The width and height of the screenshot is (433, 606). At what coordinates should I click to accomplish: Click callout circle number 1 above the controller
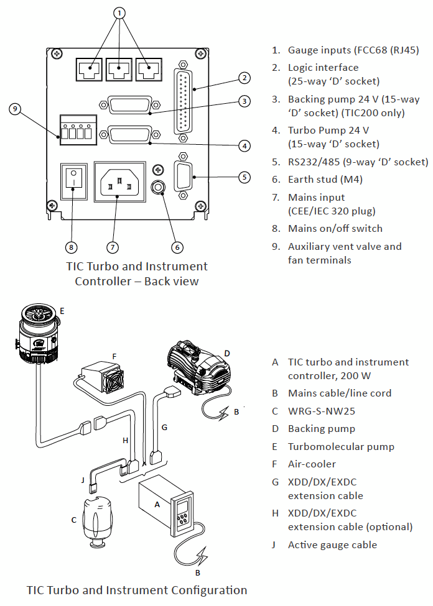[120, 12]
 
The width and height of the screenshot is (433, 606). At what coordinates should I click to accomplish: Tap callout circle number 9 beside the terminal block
[16, 109]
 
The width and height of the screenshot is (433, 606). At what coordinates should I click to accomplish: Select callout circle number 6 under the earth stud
[177, 247]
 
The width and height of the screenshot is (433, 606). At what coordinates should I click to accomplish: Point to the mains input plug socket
[119, 181]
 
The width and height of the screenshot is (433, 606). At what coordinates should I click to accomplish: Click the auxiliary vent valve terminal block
[78, 129]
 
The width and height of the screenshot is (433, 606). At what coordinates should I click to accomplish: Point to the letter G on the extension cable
[164, 427]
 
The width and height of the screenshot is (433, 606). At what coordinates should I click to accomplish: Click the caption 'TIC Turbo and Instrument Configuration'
[137, 590]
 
